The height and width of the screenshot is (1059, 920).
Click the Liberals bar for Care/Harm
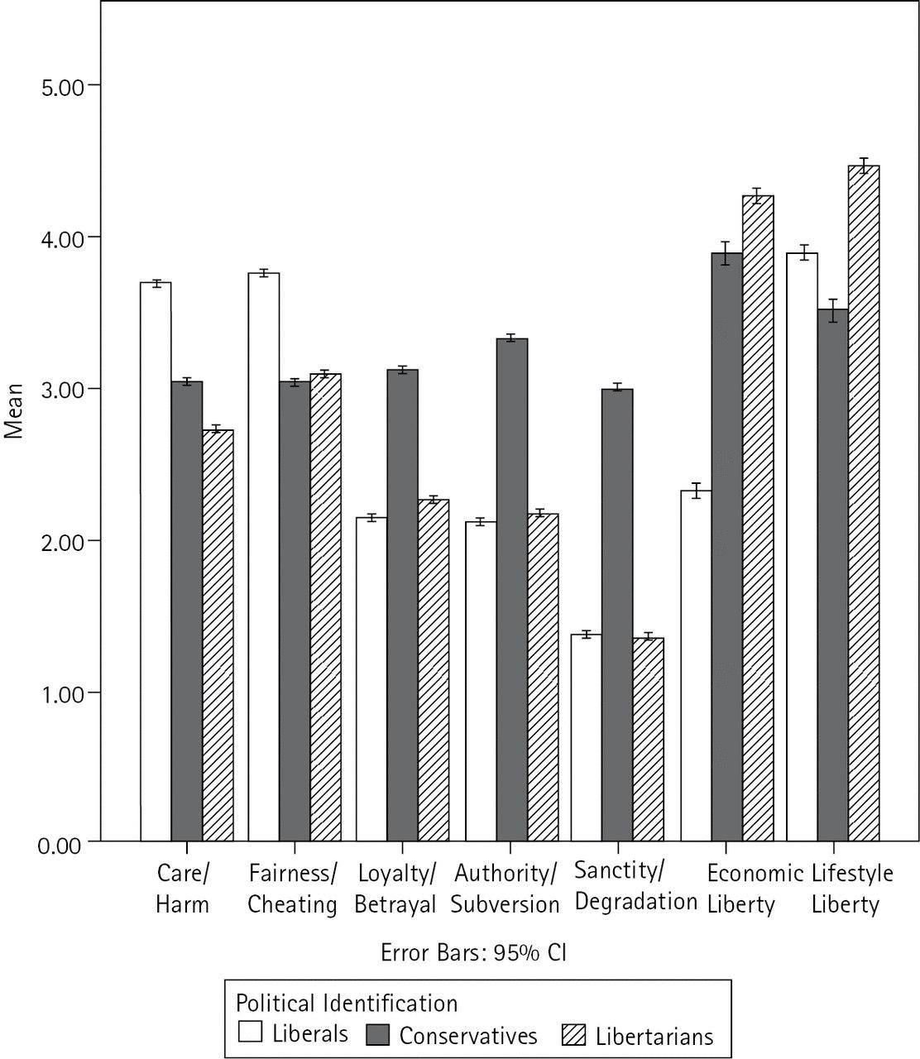tap(156, 563)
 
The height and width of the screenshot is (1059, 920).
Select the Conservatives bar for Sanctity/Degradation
tap(617, 616)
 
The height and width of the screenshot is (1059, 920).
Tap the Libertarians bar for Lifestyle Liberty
tap(864, 504)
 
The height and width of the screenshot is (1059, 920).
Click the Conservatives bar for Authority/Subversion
tap(511, 591)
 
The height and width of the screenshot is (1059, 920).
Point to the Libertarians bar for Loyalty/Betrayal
tap(434, 671)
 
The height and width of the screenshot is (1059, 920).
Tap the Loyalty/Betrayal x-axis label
tap(395, 889)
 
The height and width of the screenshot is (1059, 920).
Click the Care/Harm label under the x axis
tap(183, 889)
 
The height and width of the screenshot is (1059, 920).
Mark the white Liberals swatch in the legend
tap(251, 1033)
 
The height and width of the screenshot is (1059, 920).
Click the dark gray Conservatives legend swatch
tap(378, 1034)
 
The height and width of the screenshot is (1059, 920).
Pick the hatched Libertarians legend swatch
tap(573, 1034)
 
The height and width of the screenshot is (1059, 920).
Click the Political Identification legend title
tap(347, 1003)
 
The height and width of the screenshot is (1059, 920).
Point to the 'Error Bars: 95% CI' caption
tap(473, 952)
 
